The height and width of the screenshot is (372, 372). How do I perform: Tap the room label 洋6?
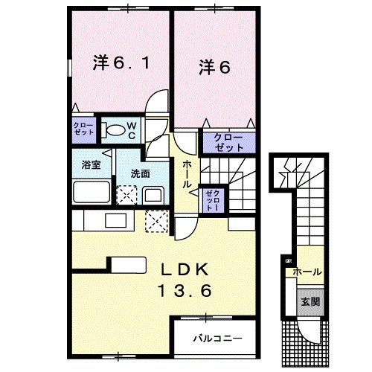coord(214,66)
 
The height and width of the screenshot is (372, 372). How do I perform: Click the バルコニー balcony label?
coord(217,338)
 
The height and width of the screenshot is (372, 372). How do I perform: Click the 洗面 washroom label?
coord(141,173)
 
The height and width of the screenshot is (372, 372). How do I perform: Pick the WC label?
coord(130,130)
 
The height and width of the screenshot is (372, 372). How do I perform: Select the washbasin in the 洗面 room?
coord(153,196)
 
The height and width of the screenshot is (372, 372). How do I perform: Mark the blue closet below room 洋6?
coord(223,142)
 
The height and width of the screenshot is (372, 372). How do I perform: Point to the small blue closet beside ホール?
coord(211,199)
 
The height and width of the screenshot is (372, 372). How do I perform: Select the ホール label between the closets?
coord(187,173)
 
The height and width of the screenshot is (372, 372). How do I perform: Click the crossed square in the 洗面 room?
coord(127,195)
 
